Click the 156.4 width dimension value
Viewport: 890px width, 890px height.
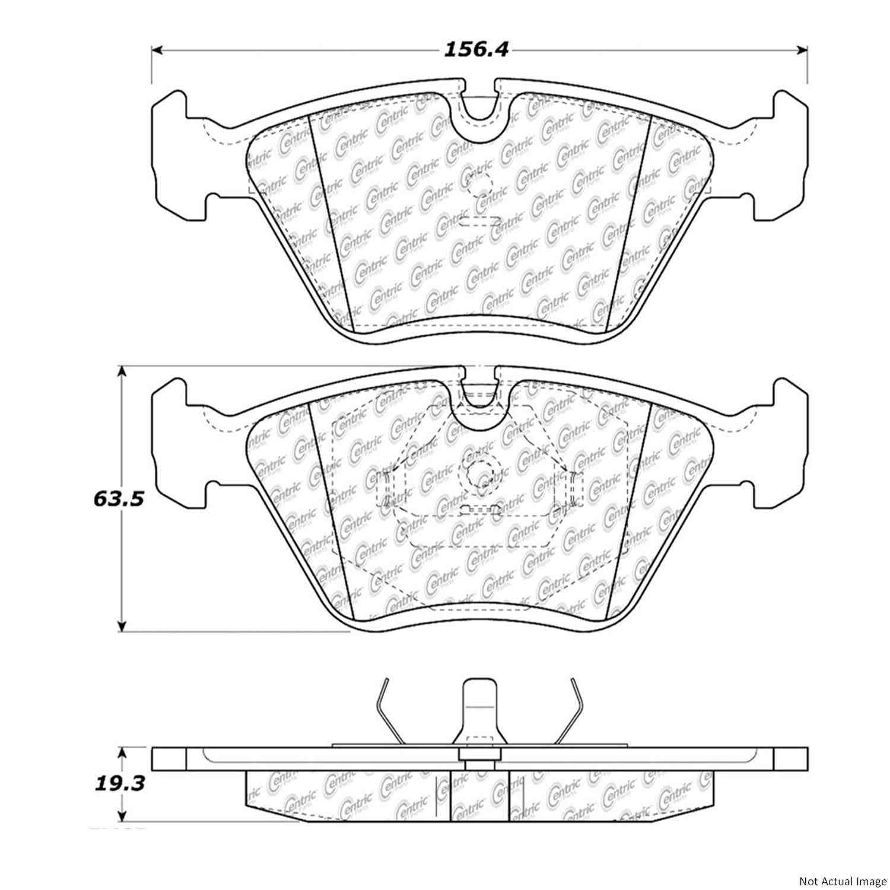[x=476, y=50]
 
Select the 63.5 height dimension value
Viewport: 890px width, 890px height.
[x=118, y=499]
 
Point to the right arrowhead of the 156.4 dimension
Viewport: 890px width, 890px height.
[x=803, y=50]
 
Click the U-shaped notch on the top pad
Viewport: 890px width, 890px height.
[x=479, y=113]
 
